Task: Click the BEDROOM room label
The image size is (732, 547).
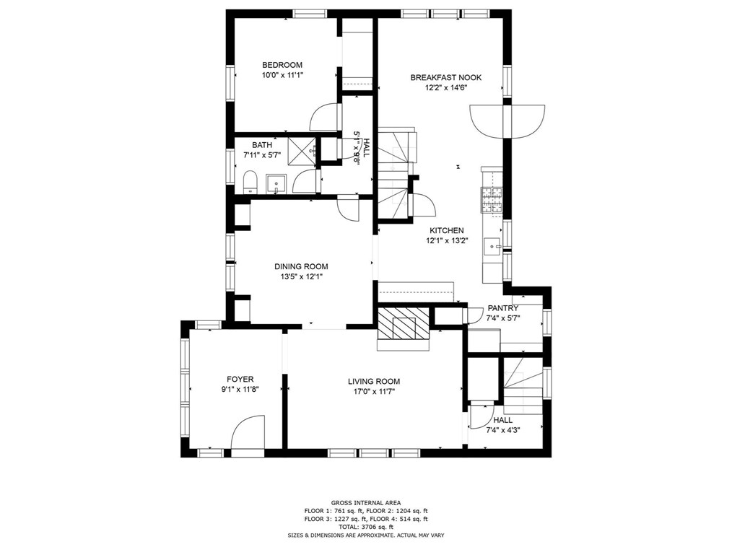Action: point(282,65)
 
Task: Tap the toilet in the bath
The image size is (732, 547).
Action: point(250,182)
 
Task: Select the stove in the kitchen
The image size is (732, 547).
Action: point(492,200)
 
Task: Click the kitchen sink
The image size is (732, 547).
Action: point(492,246)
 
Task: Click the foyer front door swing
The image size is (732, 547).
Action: point(248,432)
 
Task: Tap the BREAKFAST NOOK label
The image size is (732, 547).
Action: point(446,77)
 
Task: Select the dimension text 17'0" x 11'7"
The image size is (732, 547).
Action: point(374,392)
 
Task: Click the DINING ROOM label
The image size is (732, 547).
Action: point(301,266)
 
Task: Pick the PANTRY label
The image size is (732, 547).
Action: point(502,308)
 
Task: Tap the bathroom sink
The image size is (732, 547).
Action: point(276,184)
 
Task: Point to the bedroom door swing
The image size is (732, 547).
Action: point(324,117)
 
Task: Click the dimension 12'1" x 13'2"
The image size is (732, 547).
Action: point(447,241)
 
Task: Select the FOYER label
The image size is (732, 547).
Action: point(240,380)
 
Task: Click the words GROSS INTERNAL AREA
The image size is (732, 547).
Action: point(366,503)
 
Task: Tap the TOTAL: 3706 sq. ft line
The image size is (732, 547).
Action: point(366,527)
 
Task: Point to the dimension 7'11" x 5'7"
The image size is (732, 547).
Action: point(262,155)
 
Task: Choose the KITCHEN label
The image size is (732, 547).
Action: point(447,230)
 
